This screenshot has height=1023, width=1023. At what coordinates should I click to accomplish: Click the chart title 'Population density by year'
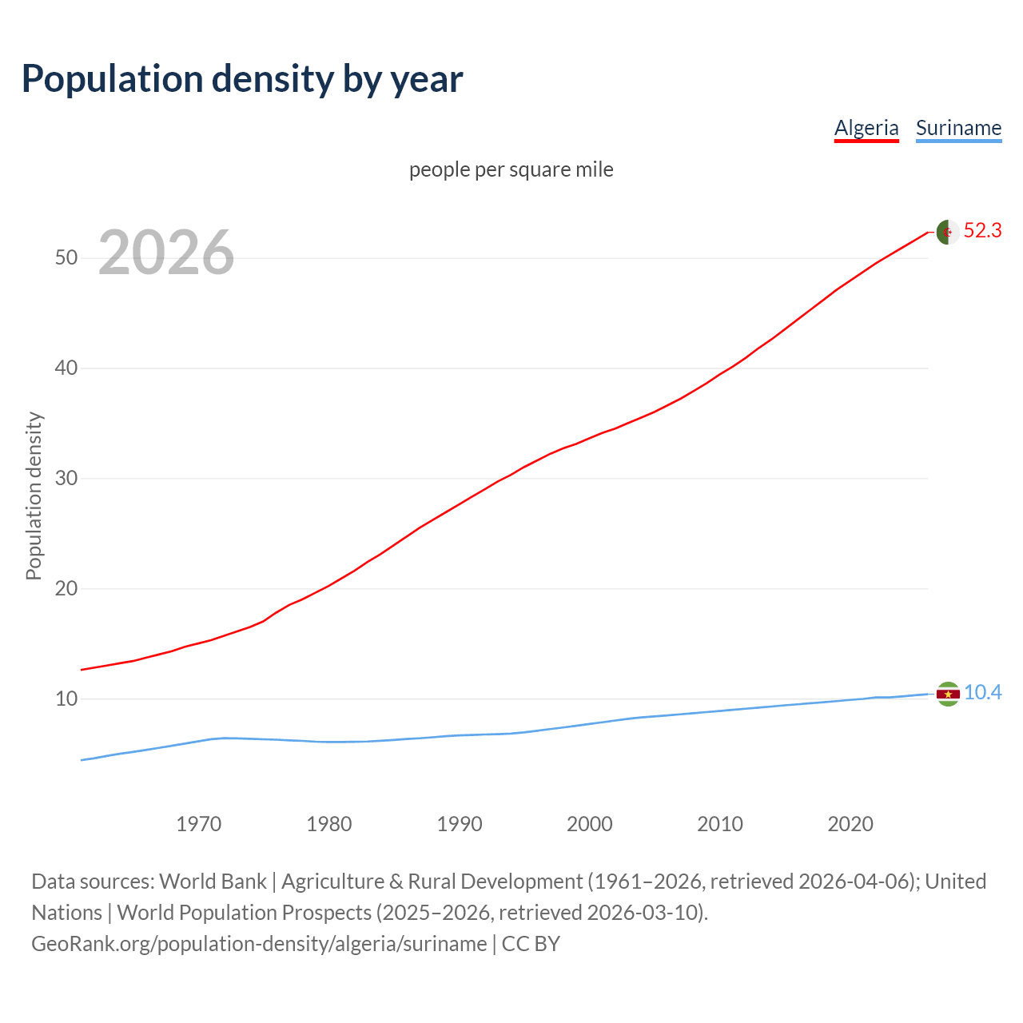[x=242, y=79]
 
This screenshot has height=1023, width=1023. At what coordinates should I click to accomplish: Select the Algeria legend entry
[x=866, y=128]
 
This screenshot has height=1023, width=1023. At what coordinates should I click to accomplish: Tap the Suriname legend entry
[x=958, y=128]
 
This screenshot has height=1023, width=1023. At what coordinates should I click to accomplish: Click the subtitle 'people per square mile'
[x=511, y=169]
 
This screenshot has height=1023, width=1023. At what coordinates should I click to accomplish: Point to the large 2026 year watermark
[x=166, y=253]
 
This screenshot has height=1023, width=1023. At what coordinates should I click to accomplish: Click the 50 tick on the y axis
[x=66, y=257]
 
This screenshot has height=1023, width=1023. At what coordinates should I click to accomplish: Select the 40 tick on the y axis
[x=66, y=368]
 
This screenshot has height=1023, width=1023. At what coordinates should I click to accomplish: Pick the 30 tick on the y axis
[x=66, y=478]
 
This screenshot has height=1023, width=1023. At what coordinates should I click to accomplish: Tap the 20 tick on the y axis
[x=66, y=588]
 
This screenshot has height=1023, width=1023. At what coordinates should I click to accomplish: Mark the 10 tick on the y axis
[x=66, y=699]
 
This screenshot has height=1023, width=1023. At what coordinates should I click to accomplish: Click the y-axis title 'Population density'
[x=34, y=496]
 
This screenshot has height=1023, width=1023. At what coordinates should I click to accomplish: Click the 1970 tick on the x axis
[x=199, y=824]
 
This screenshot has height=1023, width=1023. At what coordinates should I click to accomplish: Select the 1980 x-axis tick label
[x=329, y=824]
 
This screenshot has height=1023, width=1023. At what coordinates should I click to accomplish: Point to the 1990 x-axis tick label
[x=460, y=824]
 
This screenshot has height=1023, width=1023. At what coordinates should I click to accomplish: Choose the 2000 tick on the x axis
[x=590, y=824]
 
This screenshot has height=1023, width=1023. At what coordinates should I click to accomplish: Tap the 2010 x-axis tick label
[x=720, y=824]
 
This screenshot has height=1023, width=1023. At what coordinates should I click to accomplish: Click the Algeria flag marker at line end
[x=947, y=232]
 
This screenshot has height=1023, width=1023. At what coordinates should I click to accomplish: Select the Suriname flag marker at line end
[x=947, y=694]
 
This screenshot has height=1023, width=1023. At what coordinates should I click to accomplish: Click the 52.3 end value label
[x=982, y=231]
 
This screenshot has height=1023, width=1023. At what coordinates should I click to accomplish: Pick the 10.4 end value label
[x=982, y=693]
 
